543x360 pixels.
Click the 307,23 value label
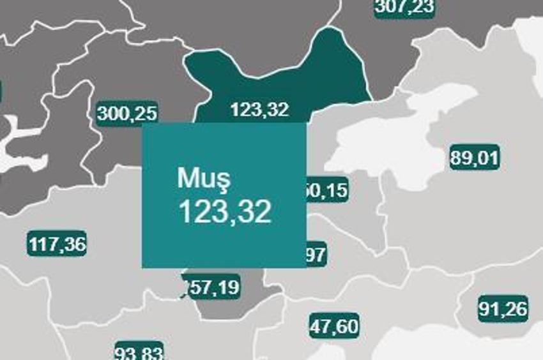tap(404, 6)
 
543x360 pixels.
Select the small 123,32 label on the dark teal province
tap(259, 110)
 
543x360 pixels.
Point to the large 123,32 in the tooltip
tap(225, 212)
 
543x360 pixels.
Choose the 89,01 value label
tap(474, 158)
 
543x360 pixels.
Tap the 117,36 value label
tap(57, 244)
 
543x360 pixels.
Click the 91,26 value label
tap(503, 309)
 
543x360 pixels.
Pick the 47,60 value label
tap(334, 326)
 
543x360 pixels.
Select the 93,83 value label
tap(140, 352)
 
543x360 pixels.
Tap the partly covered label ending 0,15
tap(328, 190)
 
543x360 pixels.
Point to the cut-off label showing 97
tap(317, 255)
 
